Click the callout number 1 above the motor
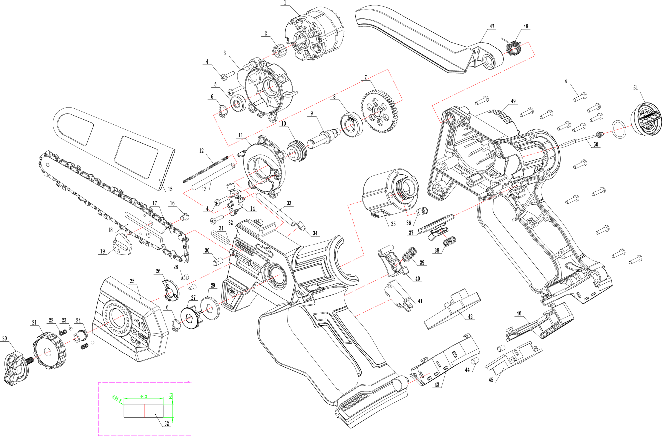coord(285,3)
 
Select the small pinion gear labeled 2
coord(277,51)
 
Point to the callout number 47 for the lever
coord(492,27)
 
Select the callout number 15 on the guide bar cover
coord(170,189)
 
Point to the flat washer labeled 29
coord(210,308)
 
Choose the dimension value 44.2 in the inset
coord(144,397)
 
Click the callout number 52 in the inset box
coord(167,423)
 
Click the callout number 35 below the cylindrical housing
coord(393,224)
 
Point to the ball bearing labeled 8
coord(351,125)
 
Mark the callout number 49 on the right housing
coord(513,101)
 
